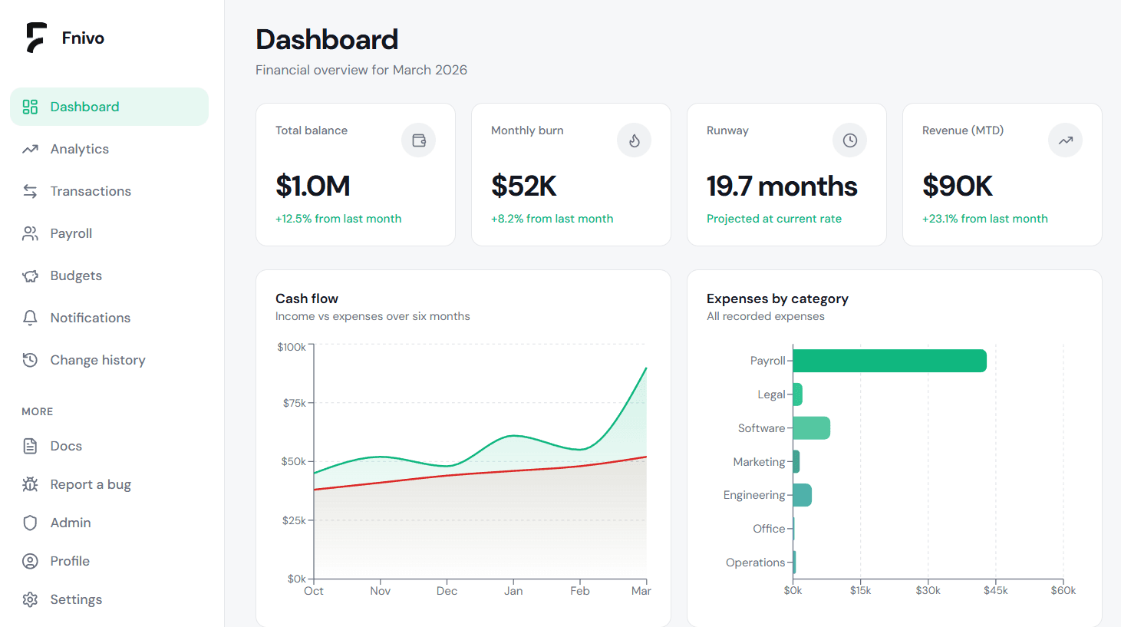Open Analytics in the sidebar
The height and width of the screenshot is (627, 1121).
79,149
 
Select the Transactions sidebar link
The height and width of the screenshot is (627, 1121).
90,191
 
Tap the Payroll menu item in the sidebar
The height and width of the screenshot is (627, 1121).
71,233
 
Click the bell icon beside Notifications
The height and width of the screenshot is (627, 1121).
30,318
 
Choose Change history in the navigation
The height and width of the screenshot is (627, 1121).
97,360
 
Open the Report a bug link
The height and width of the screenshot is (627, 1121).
90,484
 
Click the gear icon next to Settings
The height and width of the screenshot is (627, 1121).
30,599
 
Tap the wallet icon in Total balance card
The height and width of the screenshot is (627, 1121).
418,140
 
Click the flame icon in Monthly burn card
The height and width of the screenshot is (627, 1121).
634,140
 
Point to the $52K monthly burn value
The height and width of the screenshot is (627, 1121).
523,186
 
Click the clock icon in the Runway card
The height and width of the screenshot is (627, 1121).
849,140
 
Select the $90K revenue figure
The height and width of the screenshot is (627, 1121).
957,186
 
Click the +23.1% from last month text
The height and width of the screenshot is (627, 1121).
984,219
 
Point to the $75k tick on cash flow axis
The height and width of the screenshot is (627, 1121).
295,403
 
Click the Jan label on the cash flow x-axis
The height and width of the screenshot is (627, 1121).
513,591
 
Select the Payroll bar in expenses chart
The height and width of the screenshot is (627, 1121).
889,361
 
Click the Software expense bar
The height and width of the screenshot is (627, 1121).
811,428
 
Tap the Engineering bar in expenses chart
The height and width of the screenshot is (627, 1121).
802,495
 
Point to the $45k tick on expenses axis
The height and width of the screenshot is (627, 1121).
995,590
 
